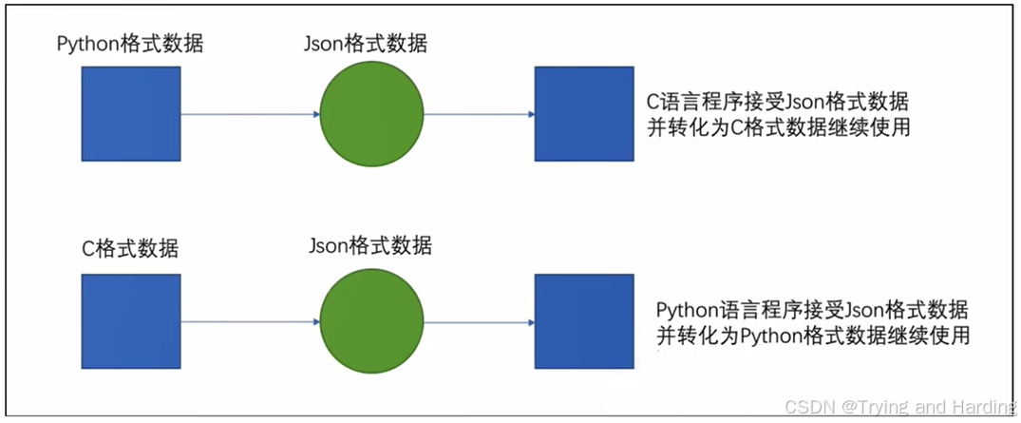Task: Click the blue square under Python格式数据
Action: click(x=130, y=114)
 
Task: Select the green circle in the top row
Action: click(x=370, y=114)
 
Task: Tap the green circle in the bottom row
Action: click(x=370, y=321)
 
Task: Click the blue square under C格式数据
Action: click(x=130, y=321)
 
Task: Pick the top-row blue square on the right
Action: click(x=584, y=114)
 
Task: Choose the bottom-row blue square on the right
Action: click(x=584, y=321)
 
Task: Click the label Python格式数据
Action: click(x=130, y=44)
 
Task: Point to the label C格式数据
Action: click(x=130, y=250)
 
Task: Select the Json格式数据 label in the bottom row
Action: click(x=370, y=246)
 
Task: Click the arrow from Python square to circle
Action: click(x=250, y=115)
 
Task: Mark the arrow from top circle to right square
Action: click(x=478, y=115)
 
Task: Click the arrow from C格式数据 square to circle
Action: click(x=250, y=322)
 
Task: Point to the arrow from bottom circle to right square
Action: click(x=478, y=322)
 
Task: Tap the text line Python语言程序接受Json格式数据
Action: click(x=812, y=310)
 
